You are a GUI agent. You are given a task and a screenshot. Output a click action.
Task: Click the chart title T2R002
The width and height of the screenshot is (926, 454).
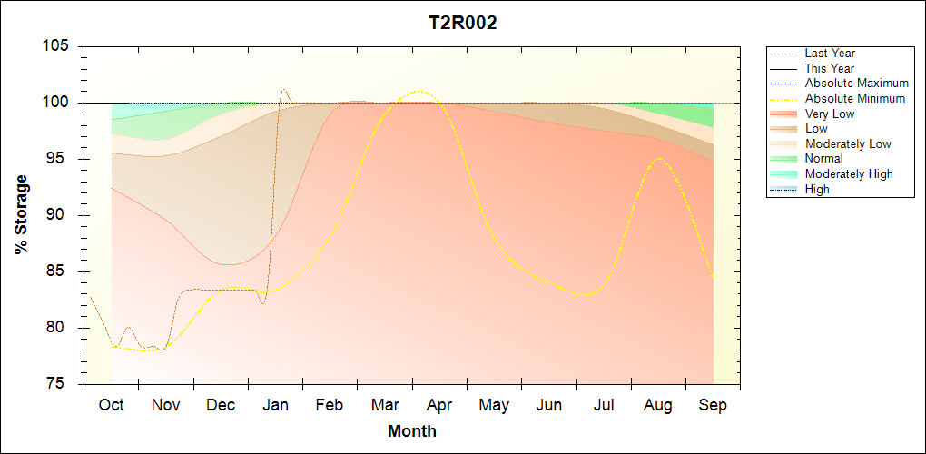pyautogui.click(x=462, y=24)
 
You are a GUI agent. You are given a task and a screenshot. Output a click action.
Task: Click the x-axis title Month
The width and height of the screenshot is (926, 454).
pyautogui.click(x=412, y=431)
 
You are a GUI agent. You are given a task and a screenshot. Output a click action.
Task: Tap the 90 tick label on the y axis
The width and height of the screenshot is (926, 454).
pyautogui.click(x=60, y=215)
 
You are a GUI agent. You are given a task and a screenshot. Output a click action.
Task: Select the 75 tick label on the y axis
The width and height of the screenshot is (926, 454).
pyautogui.click(x=60, y=384)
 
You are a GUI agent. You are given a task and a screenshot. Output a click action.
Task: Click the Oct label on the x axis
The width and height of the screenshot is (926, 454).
pyautogui.click(x=111, y=405)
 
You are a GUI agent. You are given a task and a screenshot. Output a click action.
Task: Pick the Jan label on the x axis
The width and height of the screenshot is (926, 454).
pyautogui.click(x=275, y=405)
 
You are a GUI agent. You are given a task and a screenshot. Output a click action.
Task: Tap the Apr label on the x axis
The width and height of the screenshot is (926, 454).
pyautogui.click(x=439, y=405)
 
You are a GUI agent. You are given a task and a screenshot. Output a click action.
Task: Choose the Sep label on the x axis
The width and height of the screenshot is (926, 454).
pyautogui.click(x=713, y=405)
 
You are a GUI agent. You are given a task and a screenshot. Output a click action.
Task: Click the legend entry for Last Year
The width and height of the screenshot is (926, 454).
pyautogui.click(x=829, y=54)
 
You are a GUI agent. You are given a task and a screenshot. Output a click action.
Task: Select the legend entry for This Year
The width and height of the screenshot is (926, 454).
pyautogui.click(x=829, y=68)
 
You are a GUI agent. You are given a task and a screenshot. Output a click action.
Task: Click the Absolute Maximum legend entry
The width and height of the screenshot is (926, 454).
pyautogui.click(x=856, y=84)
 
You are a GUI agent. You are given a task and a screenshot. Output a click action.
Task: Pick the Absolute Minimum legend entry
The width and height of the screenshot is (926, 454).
pyautogui.click(x=855, y=98)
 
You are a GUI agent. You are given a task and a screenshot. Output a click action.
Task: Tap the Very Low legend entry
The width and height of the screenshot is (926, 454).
pyautogui.click(x=829, y=113)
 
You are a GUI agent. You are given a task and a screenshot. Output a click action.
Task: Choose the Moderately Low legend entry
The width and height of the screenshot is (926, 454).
pyautogui.click(x=848, y=143)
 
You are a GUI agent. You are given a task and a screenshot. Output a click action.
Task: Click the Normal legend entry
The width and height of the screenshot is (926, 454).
pyautogui.click(x=824, y=159)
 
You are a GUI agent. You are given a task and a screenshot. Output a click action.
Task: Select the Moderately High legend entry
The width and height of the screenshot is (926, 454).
pyautogui.click(x=849, y=173)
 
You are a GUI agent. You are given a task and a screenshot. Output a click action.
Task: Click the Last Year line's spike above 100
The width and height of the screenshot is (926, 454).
pyautogui.click(x=284, y=89)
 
